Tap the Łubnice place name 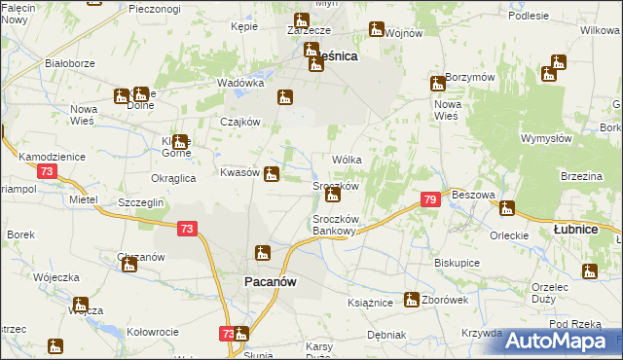573,229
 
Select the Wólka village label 348,159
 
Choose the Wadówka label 240,84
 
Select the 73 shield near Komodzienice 48,171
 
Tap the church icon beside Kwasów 273,175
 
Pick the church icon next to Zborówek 413,300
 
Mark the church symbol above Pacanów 262,254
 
